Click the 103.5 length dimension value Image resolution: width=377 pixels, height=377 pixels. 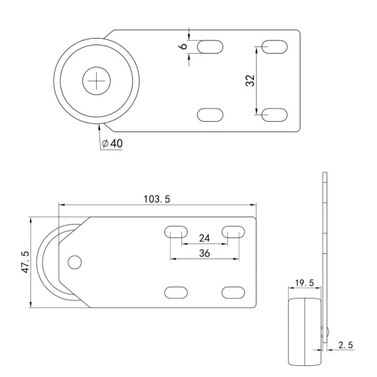pos(157,199)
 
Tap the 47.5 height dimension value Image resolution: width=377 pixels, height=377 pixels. pos(26,262)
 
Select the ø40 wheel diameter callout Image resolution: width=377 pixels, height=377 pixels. pos(112,143)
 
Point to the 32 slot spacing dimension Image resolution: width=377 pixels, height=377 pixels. pos(250,81)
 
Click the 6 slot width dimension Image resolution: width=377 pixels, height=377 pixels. pos(183,46)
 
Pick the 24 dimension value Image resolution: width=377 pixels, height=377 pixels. pos(204,238)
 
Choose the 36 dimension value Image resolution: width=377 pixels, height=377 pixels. pos(204,253)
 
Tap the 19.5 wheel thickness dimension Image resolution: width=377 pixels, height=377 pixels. pos(304,283)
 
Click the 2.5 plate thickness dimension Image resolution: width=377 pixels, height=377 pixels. pos(346,345)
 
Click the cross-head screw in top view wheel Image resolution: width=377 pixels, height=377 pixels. pos(96,81)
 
